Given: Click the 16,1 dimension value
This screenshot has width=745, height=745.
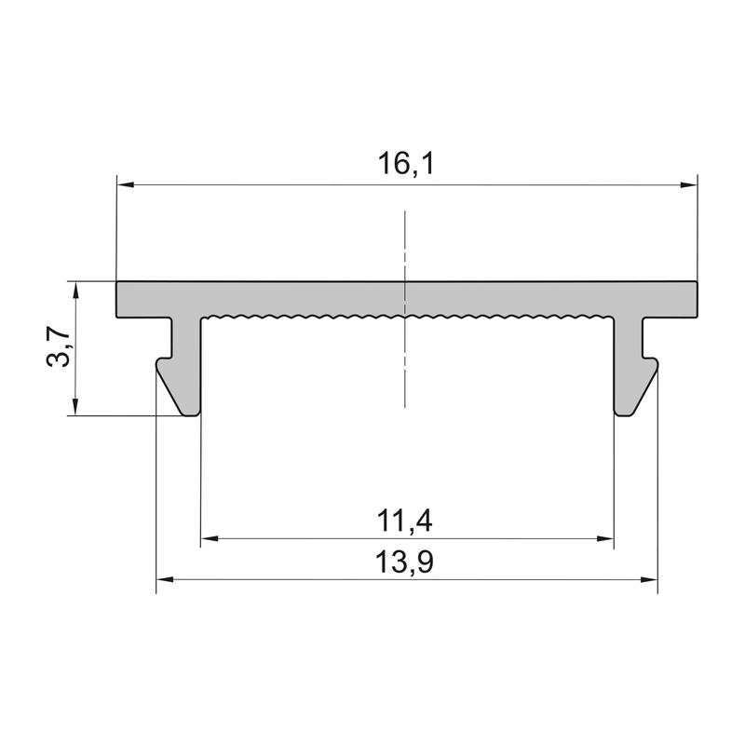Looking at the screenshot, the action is tap(406, 164).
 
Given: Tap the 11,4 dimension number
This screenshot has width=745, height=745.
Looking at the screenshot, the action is tap(404, 521).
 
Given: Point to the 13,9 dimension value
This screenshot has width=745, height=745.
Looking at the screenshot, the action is tap(404, 562).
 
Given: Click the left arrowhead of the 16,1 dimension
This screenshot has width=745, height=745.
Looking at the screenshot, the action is tap(126, 184).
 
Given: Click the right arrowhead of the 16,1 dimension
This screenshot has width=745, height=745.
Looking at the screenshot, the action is tap(689, 184).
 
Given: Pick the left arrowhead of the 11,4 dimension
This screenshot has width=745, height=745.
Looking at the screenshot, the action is tap(210, 538).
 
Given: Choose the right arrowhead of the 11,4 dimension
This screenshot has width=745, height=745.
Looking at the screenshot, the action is tap(604, 538).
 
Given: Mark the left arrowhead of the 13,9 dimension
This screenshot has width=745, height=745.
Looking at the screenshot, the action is tap(165, 579).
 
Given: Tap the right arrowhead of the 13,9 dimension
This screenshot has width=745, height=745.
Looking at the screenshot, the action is tap(649, 579).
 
